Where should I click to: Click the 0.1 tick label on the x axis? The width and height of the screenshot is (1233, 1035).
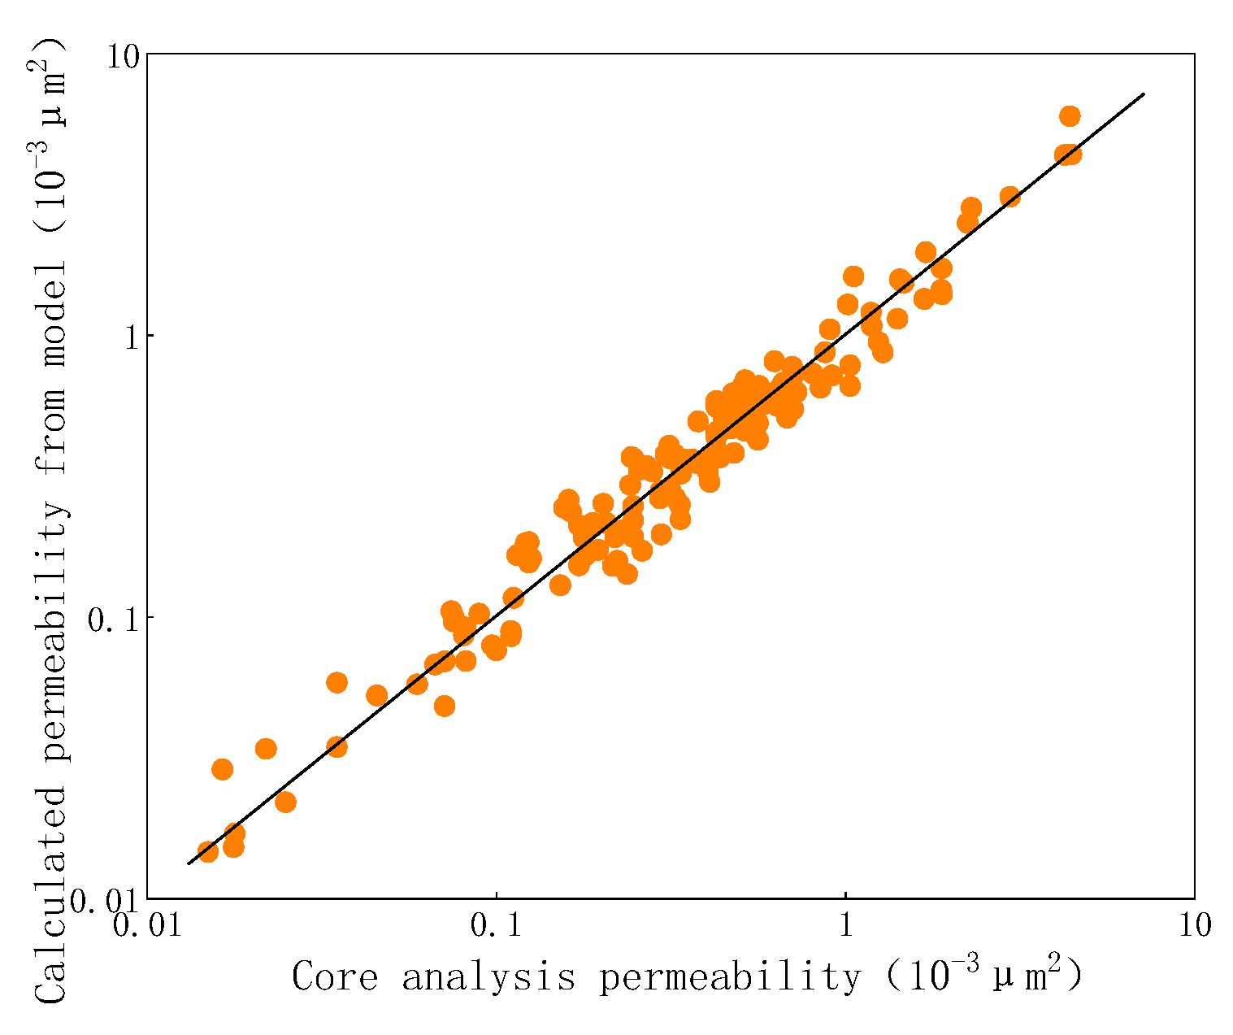(496, 926)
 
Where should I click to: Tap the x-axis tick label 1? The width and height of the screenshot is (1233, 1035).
(845, 926)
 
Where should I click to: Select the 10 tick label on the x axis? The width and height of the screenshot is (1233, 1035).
(1193, 926)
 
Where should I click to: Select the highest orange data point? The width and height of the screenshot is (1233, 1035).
(1070, 116)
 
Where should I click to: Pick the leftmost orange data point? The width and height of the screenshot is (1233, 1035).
(207, 851)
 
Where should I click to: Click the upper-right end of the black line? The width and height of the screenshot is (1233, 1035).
(1144, 93)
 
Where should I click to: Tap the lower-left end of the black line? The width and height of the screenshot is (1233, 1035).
(188, 863)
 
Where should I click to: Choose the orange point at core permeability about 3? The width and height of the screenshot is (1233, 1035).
(1009, 197)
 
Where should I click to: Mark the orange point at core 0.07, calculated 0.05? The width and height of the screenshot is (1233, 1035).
(444, 706)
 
